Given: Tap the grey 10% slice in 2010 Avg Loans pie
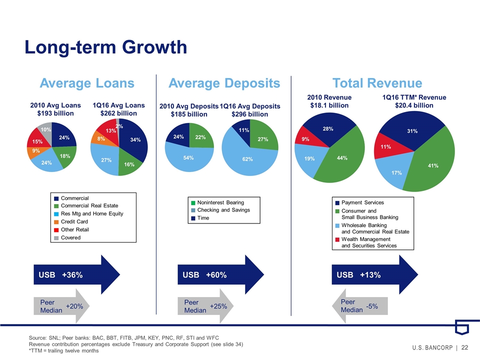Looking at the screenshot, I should (46, 130).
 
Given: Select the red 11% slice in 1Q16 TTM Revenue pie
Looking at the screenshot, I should (386, 147).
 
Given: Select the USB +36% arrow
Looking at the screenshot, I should (75, 275).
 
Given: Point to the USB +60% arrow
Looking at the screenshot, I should (220, 275).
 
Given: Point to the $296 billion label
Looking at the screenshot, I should (250, 114).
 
